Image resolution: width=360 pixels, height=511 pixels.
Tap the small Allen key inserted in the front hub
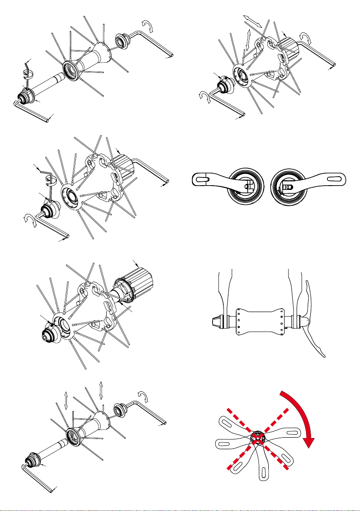point(27,69)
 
